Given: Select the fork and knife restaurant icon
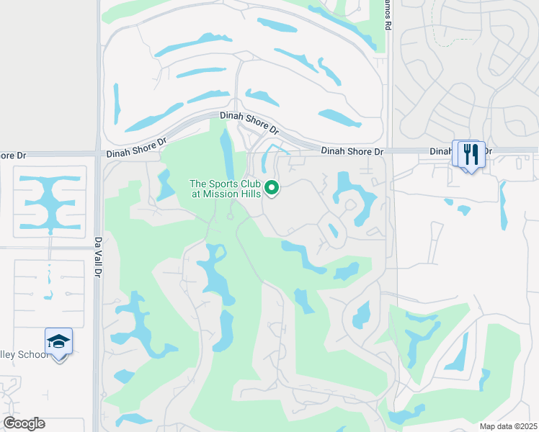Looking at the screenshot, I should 470,155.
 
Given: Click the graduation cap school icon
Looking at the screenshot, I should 58,341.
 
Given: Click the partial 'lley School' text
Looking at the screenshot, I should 24,354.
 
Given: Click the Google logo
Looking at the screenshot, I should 24,423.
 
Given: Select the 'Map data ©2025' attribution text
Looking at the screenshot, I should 508,426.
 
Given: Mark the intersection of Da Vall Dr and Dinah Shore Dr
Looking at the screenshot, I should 98,153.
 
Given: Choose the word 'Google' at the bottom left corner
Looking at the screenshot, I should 24,423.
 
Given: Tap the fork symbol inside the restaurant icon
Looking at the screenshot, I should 466,153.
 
